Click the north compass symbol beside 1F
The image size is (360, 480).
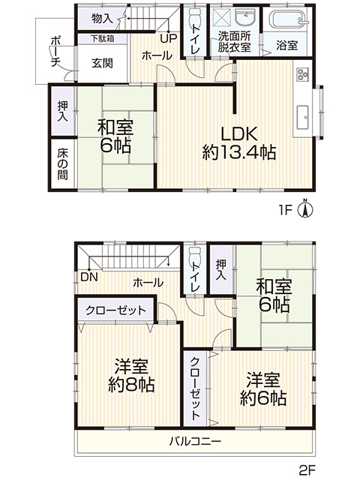point(305,208)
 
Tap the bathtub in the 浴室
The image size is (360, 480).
point(287,19)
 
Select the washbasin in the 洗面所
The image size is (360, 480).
point(245,18)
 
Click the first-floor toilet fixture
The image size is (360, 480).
point(195,17)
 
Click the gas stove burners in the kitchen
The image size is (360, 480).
point(302,73)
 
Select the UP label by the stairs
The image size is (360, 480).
point(169,38)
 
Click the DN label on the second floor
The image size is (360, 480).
point(89,277)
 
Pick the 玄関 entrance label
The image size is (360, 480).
point(102,63)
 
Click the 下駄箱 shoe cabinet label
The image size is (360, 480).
point(102,38)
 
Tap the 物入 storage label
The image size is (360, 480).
point(102,19)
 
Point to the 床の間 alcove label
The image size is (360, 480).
point(62,164)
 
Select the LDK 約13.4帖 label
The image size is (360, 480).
point(239,143)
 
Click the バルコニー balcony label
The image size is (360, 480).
point(195,441)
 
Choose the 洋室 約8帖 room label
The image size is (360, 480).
point(131,375)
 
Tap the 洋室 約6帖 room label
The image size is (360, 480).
point(263,388)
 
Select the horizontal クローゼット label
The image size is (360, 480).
point(115,310)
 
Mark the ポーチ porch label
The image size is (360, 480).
point(55,52)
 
